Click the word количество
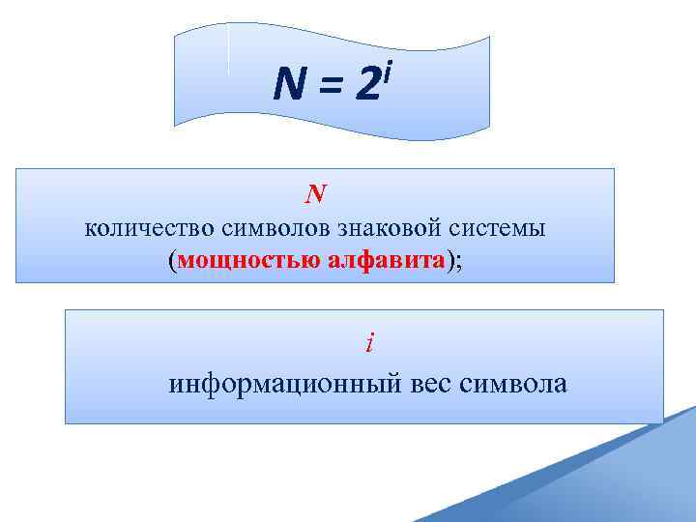click(151, 229)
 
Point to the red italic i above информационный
click(368, 342)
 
